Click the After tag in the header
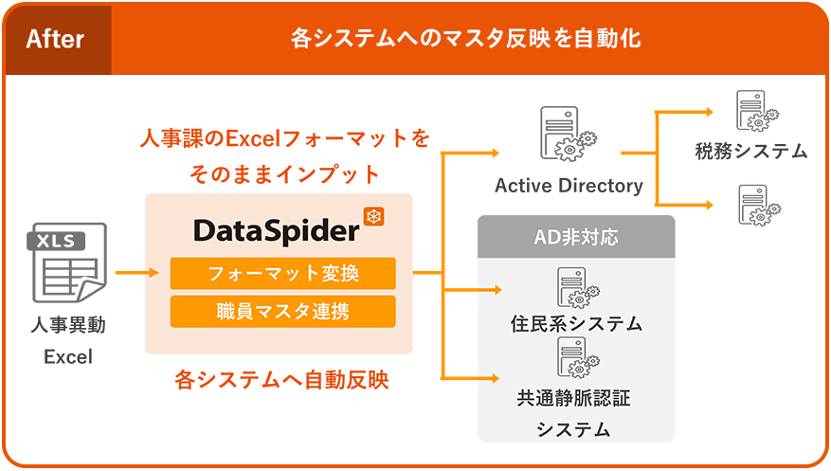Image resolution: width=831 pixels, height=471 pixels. (55, 39)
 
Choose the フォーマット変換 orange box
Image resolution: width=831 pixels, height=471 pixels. (282, 274)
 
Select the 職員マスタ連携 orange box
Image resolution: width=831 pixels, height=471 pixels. (282, 311)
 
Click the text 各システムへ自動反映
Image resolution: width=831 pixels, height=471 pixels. (281, 380)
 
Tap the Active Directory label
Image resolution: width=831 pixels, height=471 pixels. (569, 186)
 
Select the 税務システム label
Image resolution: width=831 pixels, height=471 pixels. (750, 151)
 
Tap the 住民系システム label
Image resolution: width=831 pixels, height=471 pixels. (576, 323)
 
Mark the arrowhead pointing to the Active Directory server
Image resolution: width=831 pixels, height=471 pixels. (493, 153)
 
